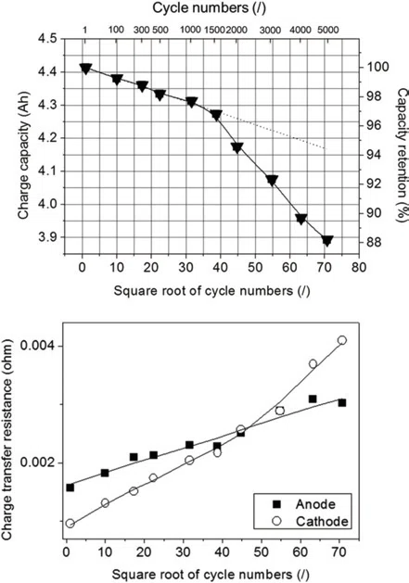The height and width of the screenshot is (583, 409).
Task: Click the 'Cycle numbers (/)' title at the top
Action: click(210, 8)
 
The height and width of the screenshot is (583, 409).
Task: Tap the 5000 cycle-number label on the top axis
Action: click(328, 30)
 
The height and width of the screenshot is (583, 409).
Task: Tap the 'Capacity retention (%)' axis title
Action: click(402, 155)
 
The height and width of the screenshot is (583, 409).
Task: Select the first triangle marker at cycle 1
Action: click(85, 69)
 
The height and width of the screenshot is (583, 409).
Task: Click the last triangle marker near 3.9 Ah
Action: click(327, 241)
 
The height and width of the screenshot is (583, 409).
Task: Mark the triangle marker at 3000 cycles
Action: click(272, 181)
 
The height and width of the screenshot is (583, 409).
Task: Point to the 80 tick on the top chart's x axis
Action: click(358, 267)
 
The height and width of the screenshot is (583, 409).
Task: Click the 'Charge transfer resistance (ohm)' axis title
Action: click(7, 438)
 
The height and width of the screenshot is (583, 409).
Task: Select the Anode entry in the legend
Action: click(304, 504)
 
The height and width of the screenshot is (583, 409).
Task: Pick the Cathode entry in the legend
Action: click(311, 521)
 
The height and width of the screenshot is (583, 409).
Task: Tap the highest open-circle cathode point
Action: click(342, 340)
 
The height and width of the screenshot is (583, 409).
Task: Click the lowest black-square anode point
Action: click(70, 488)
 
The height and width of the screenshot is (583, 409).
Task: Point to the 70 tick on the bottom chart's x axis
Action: click(339, 551)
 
